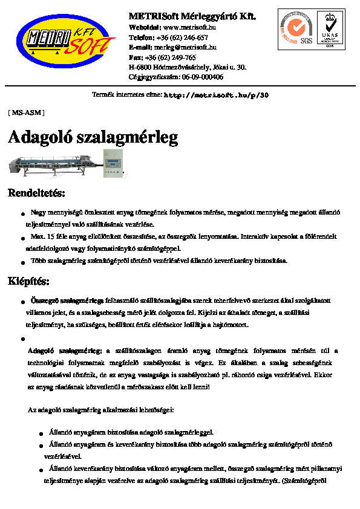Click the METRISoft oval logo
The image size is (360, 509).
66,41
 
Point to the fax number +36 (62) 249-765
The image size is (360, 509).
174,57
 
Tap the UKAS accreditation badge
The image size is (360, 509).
330,29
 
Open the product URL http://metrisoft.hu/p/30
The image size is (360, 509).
217,96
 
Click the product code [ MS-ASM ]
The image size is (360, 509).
26,112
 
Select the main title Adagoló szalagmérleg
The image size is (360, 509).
93,137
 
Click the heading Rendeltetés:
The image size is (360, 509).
36,193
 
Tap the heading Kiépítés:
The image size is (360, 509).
28,281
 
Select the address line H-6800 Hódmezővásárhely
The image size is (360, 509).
188,67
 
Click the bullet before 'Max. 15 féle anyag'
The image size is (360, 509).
22,237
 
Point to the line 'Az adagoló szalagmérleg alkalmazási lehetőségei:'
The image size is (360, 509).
101,410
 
